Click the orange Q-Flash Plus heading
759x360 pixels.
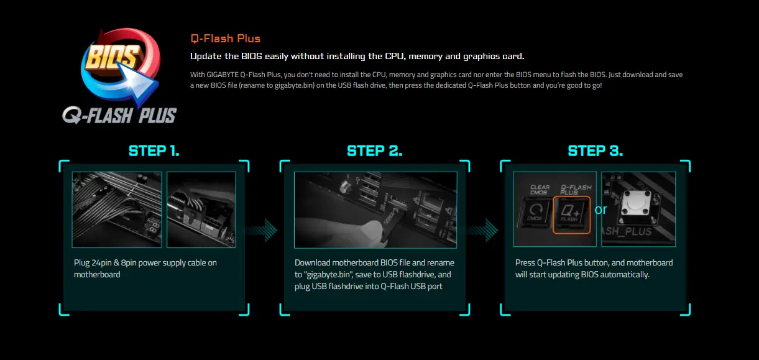(x=225, y=39)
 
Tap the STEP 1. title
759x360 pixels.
(x=154, y=151)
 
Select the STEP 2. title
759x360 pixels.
(x=375, y=151)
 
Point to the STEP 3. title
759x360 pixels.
(x=596, y=151)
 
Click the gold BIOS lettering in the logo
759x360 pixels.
(x=113, y=57)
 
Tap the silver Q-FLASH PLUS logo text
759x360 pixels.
(x=119, y=115)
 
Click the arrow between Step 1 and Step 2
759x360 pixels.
(x=261, y=231)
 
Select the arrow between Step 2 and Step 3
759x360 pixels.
(x=482, y=231)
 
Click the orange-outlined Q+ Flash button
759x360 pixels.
(x=572, y=215)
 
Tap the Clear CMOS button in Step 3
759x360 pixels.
(x=535, y=213)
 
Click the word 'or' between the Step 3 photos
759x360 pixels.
(x=600, y=210)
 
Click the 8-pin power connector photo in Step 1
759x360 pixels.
(x=201, y=210)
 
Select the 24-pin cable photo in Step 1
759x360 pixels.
(x=117, y=210)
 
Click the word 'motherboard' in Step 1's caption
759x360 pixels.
(x=97, y=275)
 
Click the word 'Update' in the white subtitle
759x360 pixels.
(x=206, y=57)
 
